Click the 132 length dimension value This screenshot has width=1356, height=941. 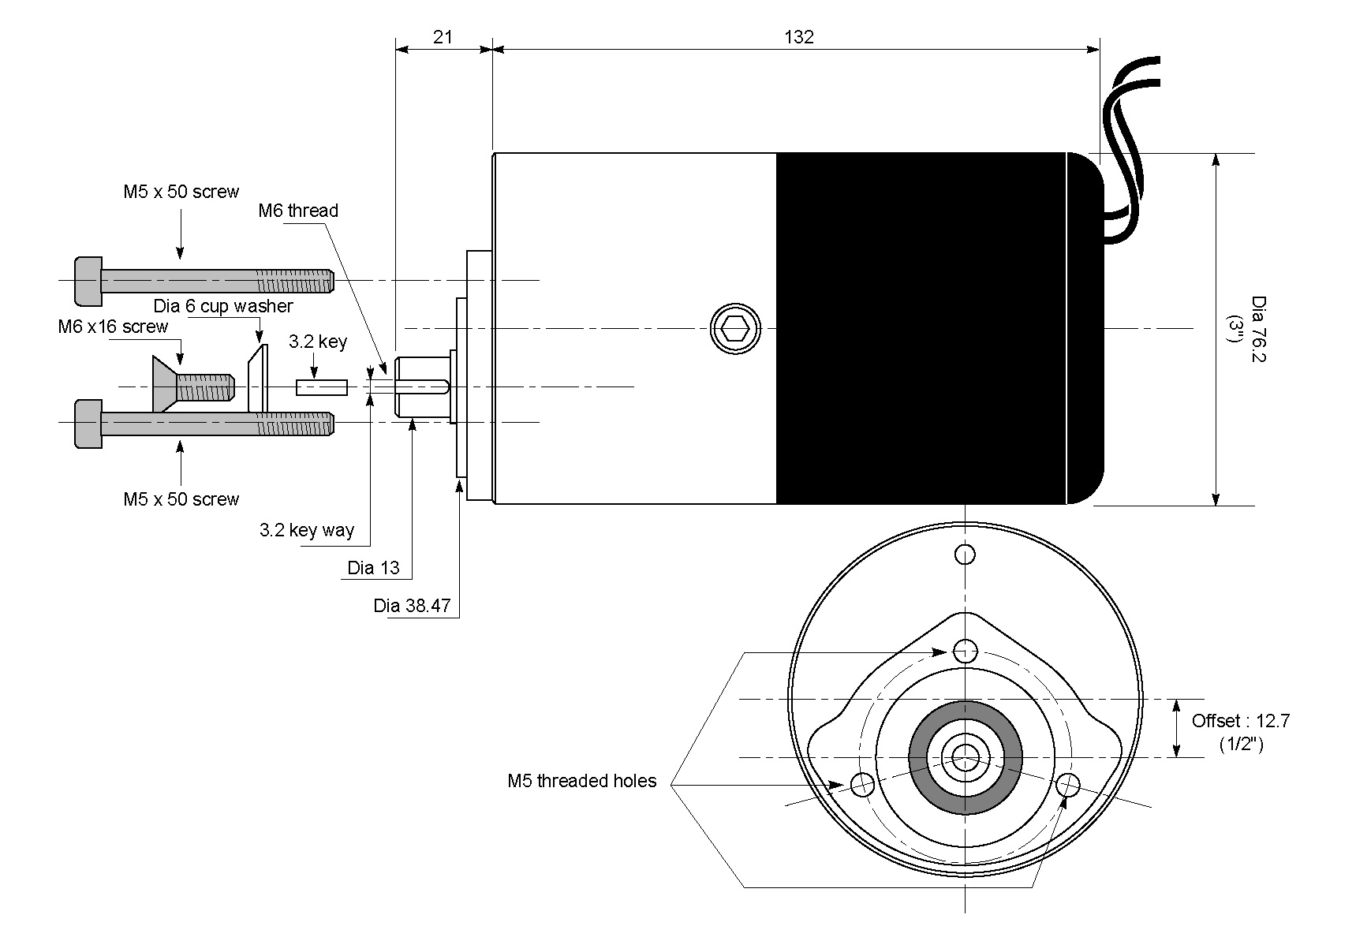point(798,37)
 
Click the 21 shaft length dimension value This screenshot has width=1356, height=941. point(443,37)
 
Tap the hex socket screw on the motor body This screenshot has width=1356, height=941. point(735,328)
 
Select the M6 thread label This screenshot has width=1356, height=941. point(298,211)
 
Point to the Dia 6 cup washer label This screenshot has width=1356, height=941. point(223,306)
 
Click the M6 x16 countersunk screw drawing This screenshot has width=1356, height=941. point(193,385)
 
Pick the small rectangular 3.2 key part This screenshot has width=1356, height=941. point(322,387)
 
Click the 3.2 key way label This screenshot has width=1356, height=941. point(307,530)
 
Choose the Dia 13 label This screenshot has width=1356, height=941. point(373,568)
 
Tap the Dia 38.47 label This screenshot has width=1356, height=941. point(412,606)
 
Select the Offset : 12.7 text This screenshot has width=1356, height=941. point(1240,721)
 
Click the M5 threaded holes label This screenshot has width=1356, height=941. point(581,781)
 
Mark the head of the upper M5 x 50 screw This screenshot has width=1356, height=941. point(88,281)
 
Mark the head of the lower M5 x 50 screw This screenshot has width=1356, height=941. point(88,424)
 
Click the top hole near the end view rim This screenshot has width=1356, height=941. point(965,555)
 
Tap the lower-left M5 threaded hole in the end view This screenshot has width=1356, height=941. point(862,784)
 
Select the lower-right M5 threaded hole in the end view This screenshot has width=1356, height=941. point(1068,784)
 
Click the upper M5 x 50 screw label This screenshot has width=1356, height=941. point(181,192)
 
